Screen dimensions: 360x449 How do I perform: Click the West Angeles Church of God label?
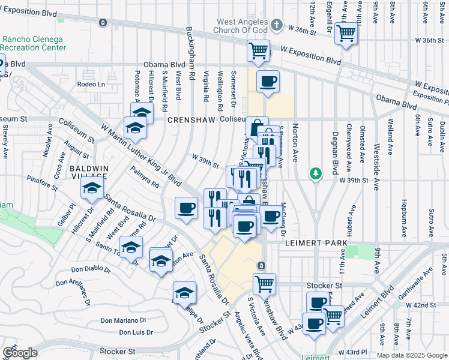click(242, 25)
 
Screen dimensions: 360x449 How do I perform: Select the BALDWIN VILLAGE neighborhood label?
click(88, 172)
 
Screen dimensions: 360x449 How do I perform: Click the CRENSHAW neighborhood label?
click(191, 120)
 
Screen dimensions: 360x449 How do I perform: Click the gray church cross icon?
click(276, 25)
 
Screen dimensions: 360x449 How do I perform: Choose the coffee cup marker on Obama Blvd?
click(268, 81)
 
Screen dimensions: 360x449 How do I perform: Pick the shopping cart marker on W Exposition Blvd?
click(258, 50)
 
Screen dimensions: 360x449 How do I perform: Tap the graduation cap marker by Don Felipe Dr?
click(184, 293)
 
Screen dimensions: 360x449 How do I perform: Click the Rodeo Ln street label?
click(91, 85)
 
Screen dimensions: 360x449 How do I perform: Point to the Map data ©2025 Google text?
click(411, 355)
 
